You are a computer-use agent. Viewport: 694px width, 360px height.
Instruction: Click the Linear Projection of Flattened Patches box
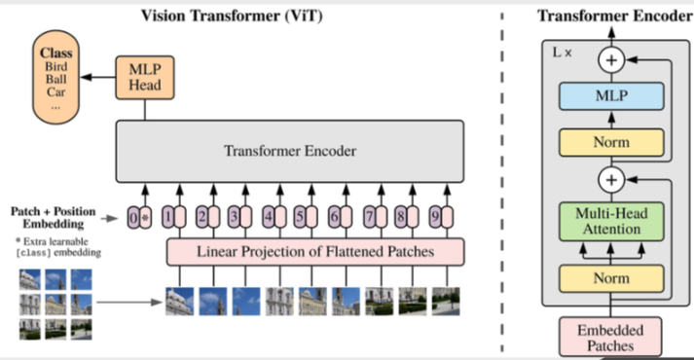315,251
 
